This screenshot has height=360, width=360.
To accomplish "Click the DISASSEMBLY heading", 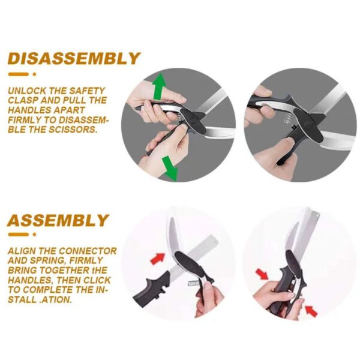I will (x=74, y=59).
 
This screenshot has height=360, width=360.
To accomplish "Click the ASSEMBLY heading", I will (x=58, y=220).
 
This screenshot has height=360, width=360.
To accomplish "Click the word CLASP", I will (x=23, y=101).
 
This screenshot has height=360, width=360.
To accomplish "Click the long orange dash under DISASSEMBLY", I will (x=18, y=75).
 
